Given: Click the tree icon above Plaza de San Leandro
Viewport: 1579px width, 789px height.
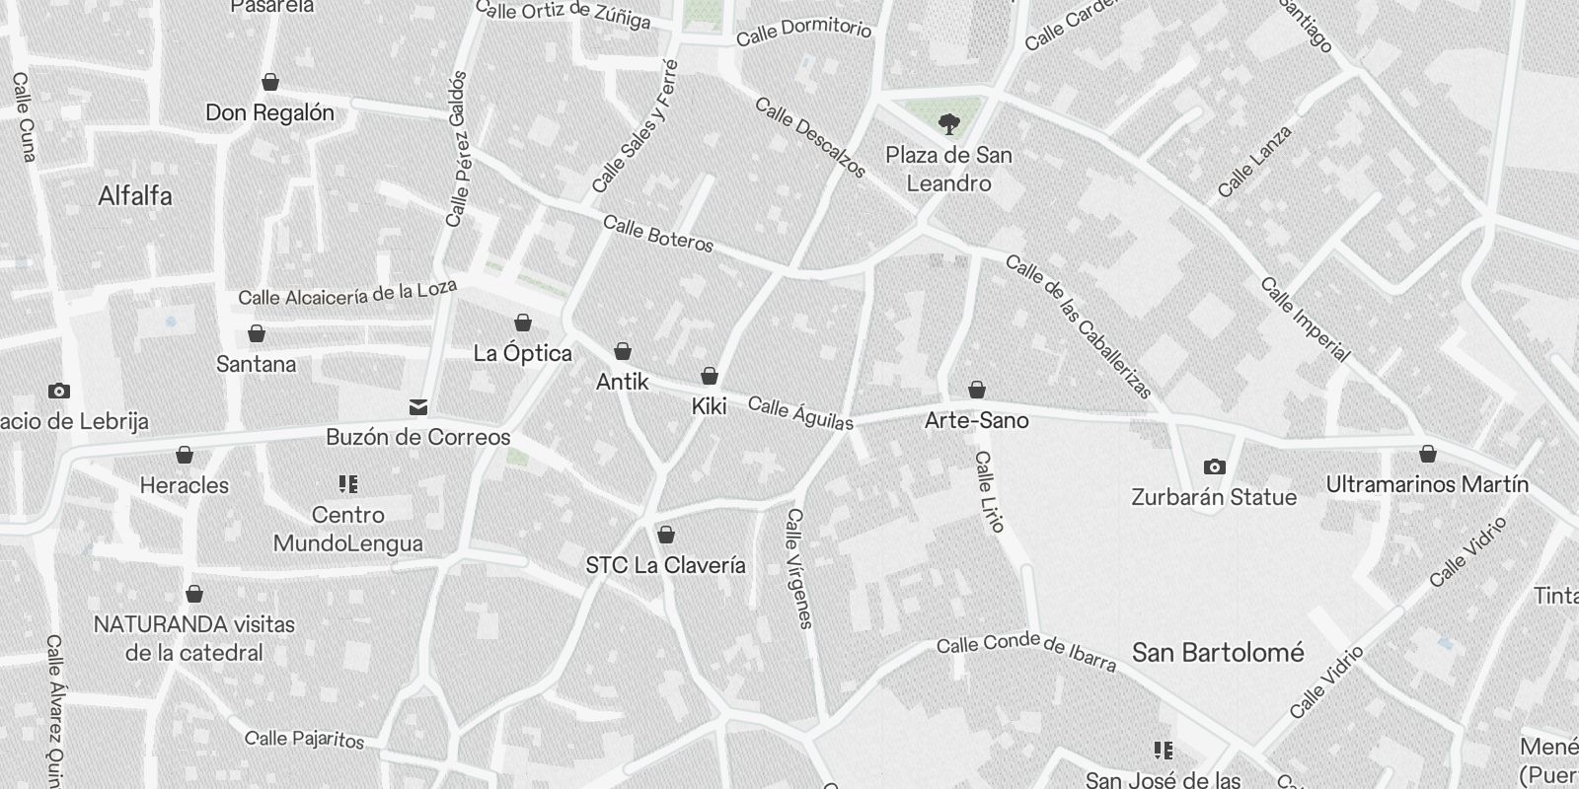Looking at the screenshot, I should pos(948,124).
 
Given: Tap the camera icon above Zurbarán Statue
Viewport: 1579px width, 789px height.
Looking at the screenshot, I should pos(1214,466).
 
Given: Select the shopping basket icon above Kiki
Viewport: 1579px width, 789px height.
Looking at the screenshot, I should pos(709,376).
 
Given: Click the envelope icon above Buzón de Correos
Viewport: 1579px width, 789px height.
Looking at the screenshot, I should pos(418,407).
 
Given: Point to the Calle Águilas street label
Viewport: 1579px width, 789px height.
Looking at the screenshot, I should pos(800,413).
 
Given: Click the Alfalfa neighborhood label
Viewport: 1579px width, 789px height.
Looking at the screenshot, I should pos(135,196).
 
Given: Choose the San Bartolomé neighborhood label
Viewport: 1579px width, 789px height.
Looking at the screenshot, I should pos(1218,653).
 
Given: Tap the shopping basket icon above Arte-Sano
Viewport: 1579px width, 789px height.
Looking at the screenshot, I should pos(977,391).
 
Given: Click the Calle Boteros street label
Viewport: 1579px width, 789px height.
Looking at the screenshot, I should pos(658,234).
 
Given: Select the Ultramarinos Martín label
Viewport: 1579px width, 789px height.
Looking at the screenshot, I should pos(1427,485).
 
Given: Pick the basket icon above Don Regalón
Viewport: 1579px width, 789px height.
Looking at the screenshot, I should pos(270,83).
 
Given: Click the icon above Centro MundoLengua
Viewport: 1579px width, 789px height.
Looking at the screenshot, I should pos(347,483).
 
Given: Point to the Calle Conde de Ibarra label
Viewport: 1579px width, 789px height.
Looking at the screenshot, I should pos(1026,652).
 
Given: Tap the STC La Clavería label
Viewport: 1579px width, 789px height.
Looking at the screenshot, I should pos(666,565).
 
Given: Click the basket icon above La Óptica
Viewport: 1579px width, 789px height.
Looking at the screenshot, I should pos(523,323).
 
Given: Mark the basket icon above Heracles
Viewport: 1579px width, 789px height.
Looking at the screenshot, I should pos(185,455).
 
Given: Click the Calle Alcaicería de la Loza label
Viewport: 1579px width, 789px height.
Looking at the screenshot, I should pos(347,293).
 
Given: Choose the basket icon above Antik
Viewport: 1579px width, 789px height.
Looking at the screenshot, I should pos(623,351).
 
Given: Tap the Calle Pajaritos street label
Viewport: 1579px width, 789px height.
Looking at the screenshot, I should pos(305,739).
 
